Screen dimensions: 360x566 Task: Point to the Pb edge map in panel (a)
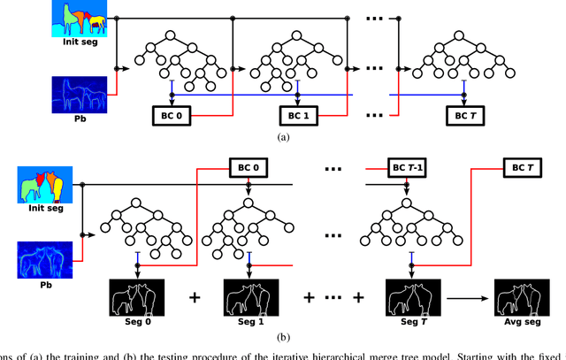[x=77, y=95]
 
